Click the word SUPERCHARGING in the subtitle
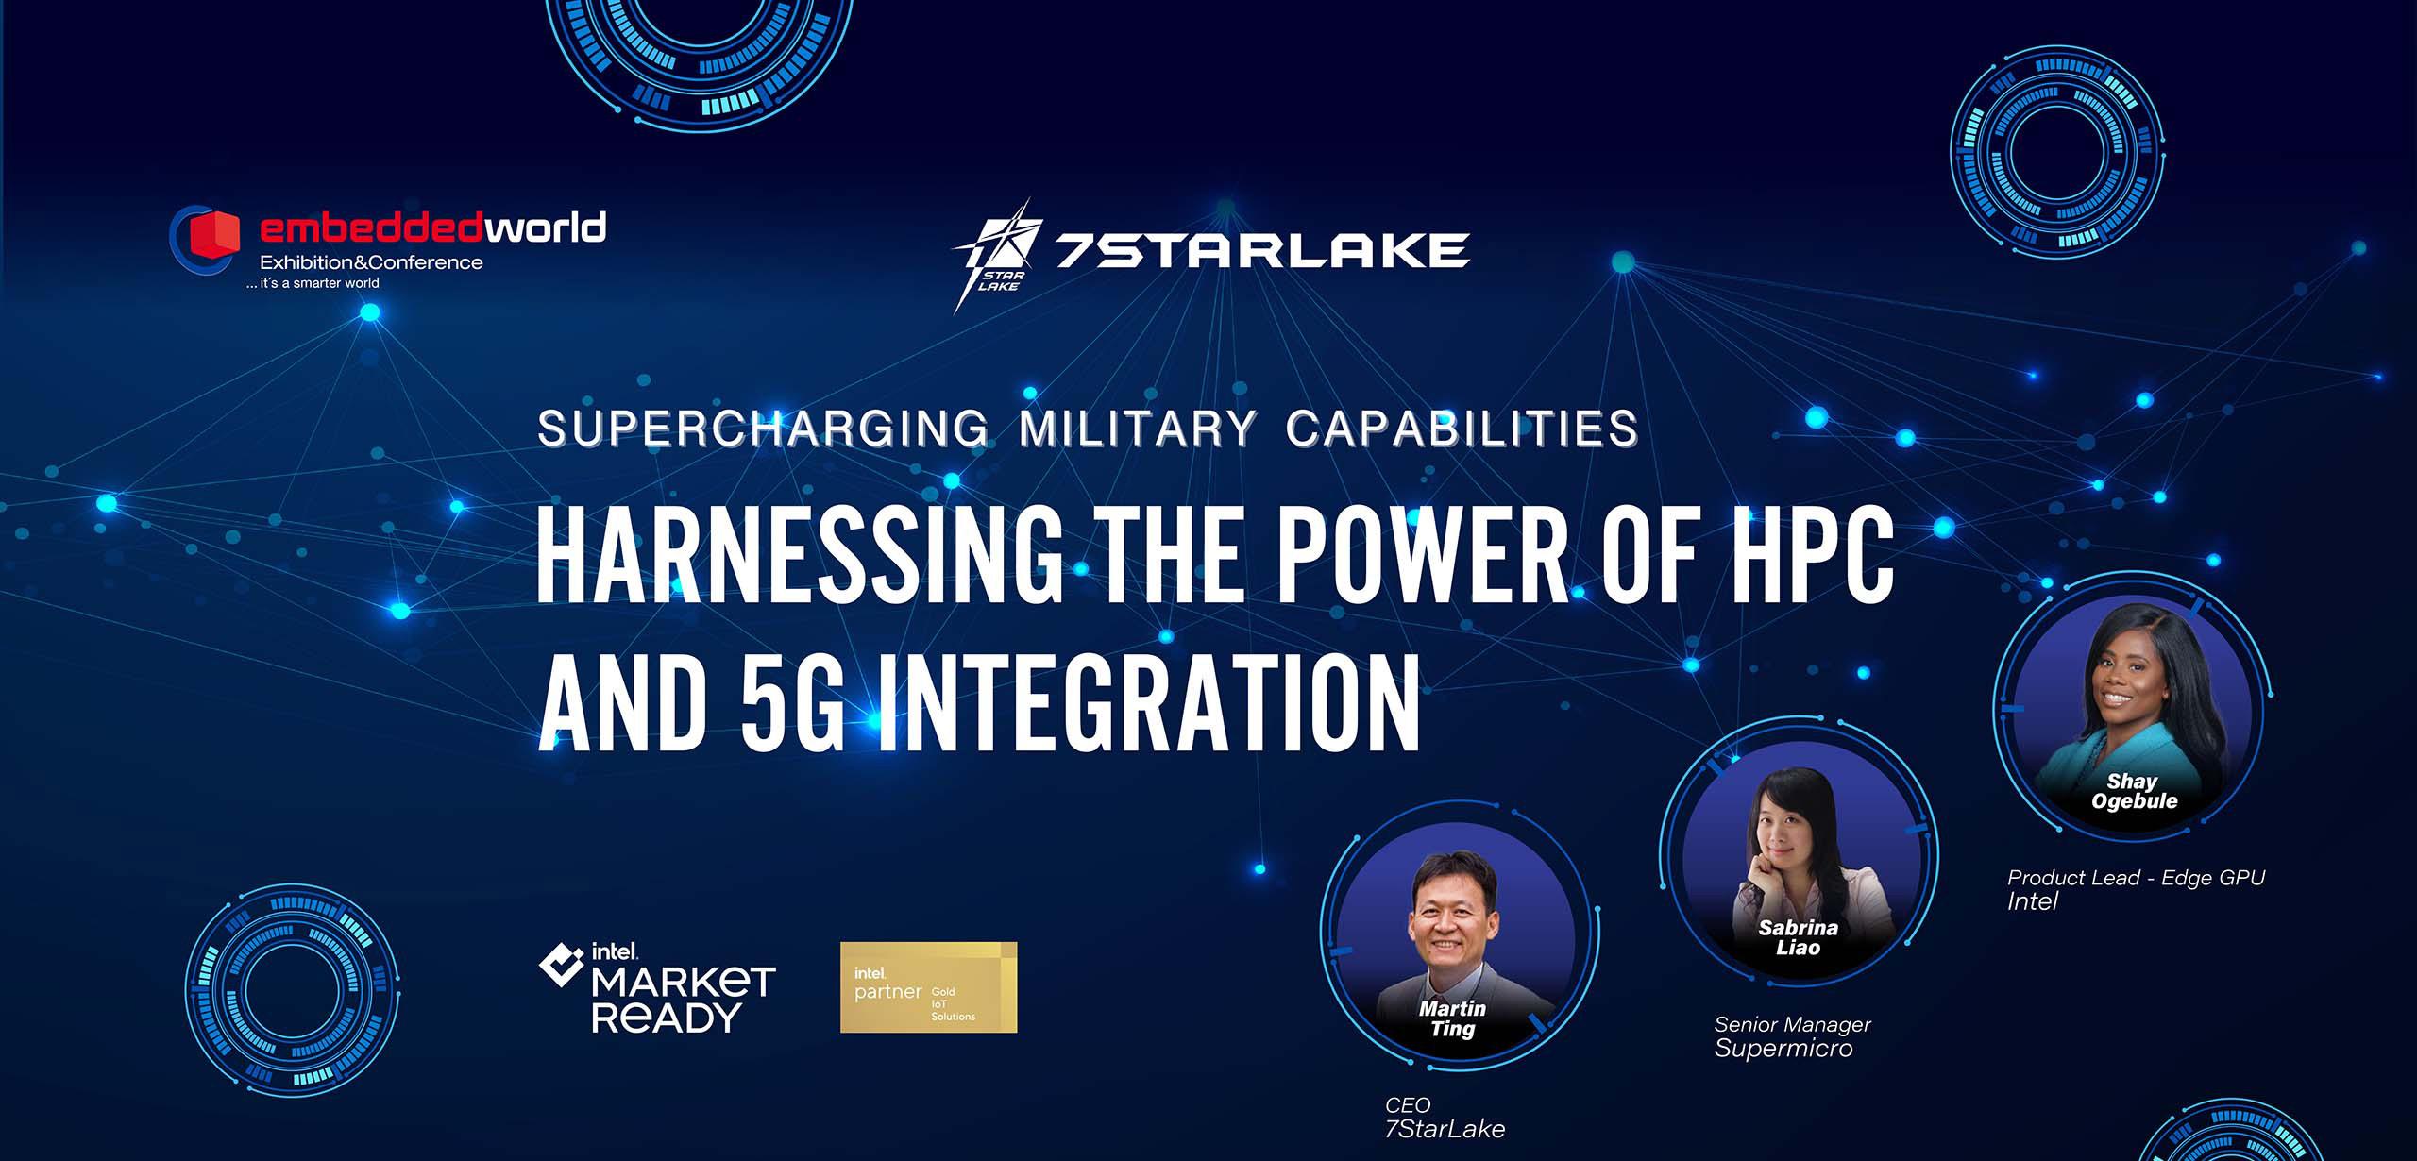pyautogui.click(x=763, y=429)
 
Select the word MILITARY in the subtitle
pyautogui.click(x=1138, y=429)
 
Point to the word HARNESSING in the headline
pyautogui.click(x=799, y=557)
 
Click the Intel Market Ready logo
pyautogui.click(x=658, y=987)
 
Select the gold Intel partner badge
pyautogui.click(x=928, y=986)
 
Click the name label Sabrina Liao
pyautogui.click(x=1798, y=937)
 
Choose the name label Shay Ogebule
pyautogui.click(x=2134, y=791)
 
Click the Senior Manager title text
pyautogui.click(x=1792, y=1024)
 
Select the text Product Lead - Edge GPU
pyautogui.click(x=2136, y=878)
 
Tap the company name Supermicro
pyautogui.click(x=1783, y=1049)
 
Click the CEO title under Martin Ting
pyautogui.click(x=1408, y=1104)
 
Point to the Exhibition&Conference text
pyautogui.click(x=371, y=262)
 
